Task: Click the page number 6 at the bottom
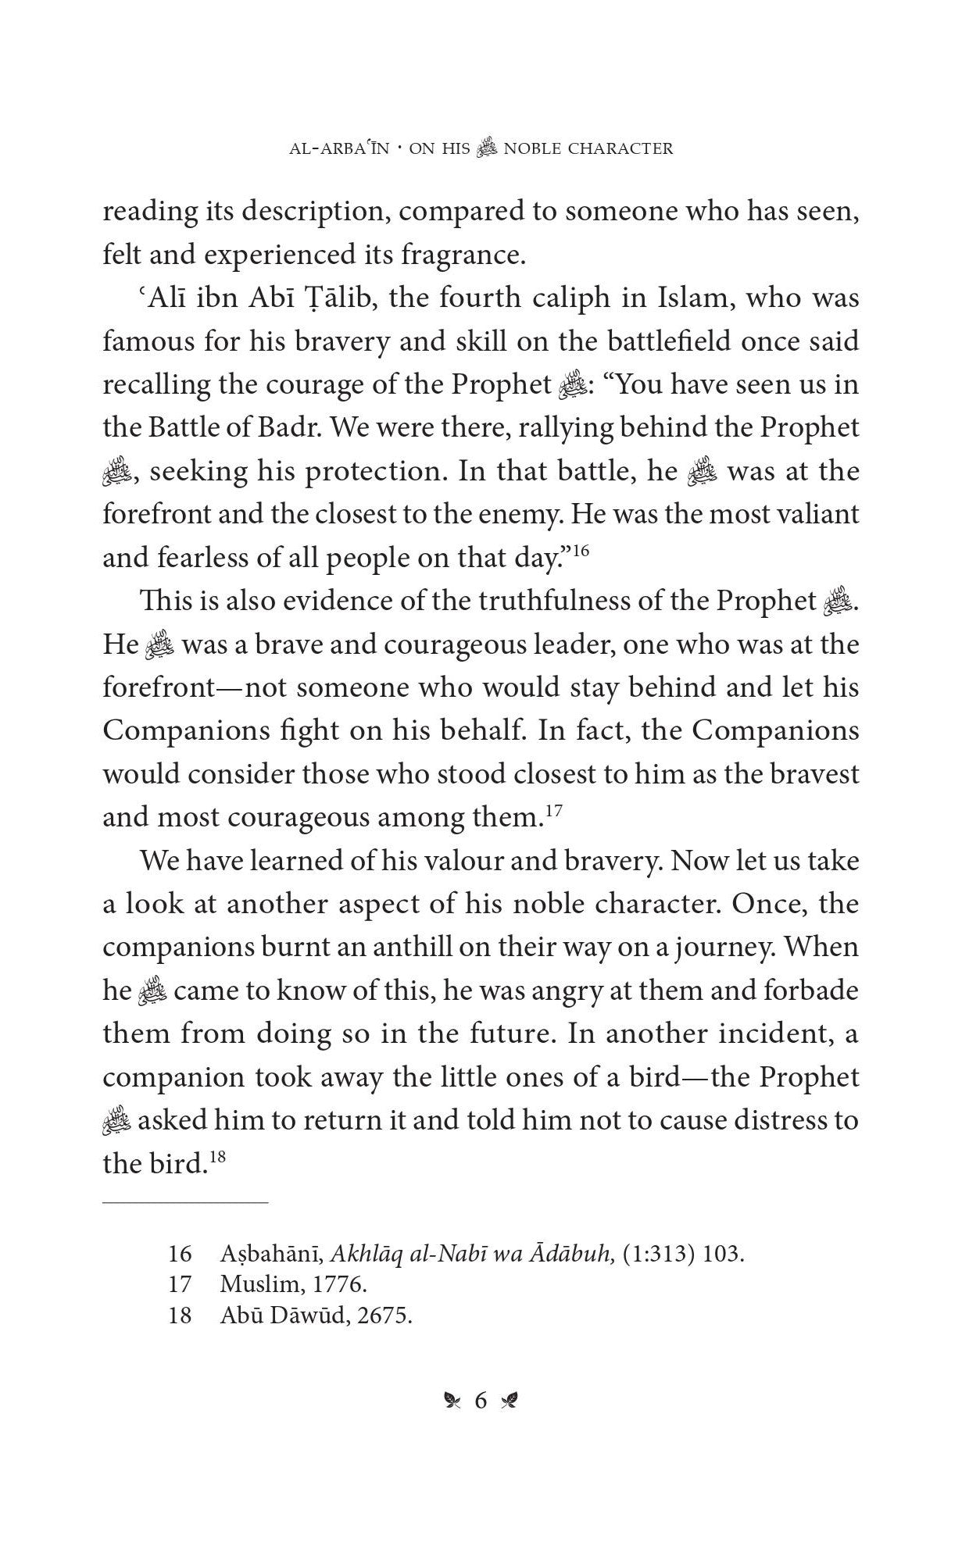[481, 1401]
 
